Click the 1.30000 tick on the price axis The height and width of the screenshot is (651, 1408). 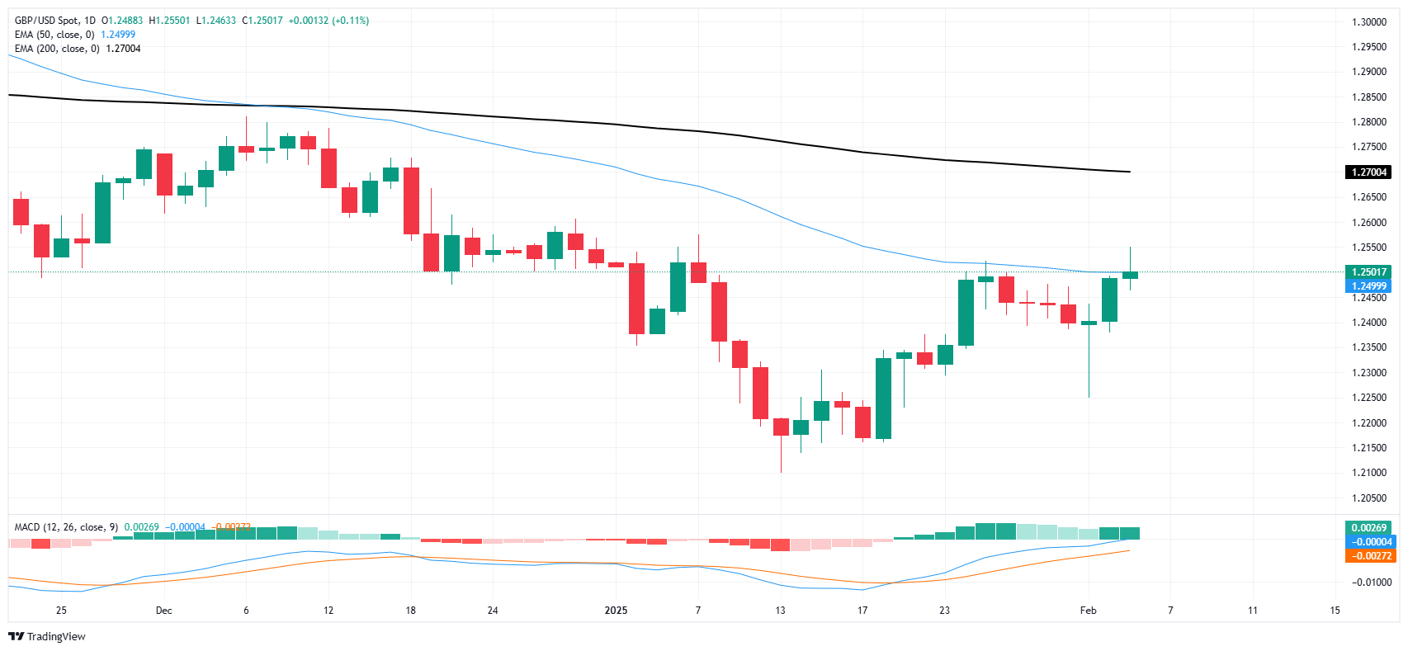[x=1368, y=22]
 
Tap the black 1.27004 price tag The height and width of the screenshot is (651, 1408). [x=1368, y=172]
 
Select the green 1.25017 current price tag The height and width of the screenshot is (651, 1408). [x=1368, y=272]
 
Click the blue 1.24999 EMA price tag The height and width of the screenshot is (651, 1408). [x=1368, y=286]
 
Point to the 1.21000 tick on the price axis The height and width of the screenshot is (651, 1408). [x=1368, y=473]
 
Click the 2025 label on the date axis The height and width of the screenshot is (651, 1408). [x=616, y=611]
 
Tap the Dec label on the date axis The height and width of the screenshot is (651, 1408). [x=164, y=611]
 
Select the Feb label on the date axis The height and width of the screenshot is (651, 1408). [x=1089, y=611]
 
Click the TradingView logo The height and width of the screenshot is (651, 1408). [x=47, y=636]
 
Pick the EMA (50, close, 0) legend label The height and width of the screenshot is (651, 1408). [x=54, y=35]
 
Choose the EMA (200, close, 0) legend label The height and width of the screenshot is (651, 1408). [x=57, y=49]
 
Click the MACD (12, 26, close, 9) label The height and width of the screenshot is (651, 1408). [x=66, y=527]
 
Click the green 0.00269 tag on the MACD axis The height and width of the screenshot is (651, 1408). [x=1368, y=528]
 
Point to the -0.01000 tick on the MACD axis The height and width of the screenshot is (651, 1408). [x=1371, y=583]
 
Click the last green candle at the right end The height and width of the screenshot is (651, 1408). [x=1130, y=275]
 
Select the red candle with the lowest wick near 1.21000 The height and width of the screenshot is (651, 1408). [x=781, y=427]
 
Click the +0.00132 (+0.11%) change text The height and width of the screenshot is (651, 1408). [x=328, y=21]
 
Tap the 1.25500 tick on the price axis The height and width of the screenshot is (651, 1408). [x=1368, y=248]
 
